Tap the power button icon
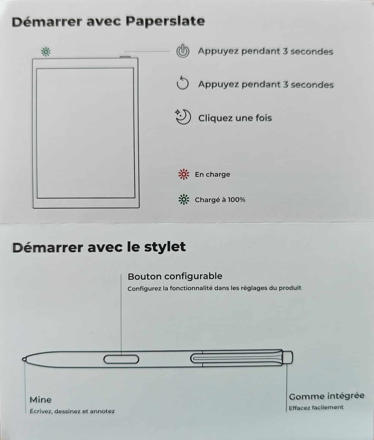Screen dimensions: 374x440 [x=183, y=51]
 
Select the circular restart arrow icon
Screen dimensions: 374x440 [x=183, y=84]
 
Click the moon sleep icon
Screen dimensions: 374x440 [x=183, y=117]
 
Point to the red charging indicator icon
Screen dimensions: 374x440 [x=184, y=174]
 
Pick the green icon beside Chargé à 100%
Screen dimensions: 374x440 [x=184, y=199]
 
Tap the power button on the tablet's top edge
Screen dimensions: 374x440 [x=125, y=57]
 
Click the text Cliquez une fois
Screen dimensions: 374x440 [x=235, y=118]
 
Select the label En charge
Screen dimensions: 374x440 [x=212, y=174]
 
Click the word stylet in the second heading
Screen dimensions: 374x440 [x=165, y=247]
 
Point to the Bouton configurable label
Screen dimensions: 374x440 [x=175, y=276]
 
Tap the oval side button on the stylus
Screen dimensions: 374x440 [x=121, y=359]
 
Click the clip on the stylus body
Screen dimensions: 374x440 [x=237, y=358]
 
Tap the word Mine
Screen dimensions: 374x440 [x=41, y=400]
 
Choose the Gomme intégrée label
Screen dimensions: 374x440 [x=327, y=396]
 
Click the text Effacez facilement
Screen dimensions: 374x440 [x=316, y=407]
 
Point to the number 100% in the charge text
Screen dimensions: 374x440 [x=237, y=199]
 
